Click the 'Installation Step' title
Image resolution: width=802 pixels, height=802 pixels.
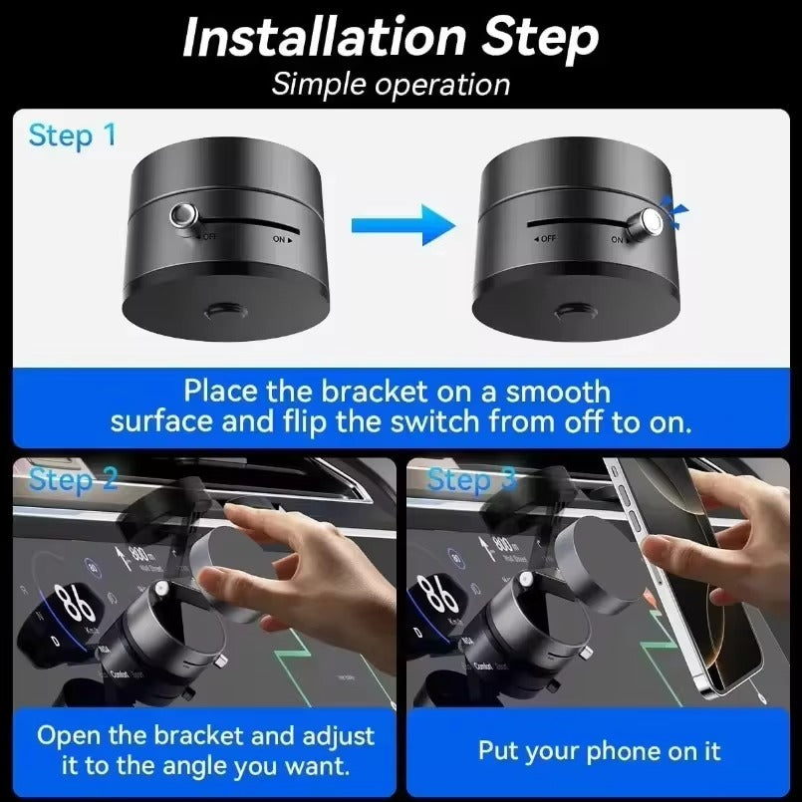coord(391,38)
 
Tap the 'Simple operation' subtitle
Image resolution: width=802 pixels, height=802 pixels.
coord(391,84)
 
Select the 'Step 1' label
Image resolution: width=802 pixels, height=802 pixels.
coord(72,135)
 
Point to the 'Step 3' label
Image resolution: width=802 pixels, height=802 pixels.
coord(472,479)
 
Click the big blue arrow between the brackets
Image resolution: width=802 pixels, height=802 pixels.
coord(423,224)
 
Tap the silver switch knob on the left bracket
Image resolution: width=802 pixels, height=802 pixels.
coord(184,214)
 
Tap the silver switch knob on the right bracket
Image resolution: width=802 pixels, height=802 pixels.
coord(652,220)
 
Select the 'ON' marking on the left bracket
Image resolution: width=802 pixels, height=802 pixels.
coord(283,239)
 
